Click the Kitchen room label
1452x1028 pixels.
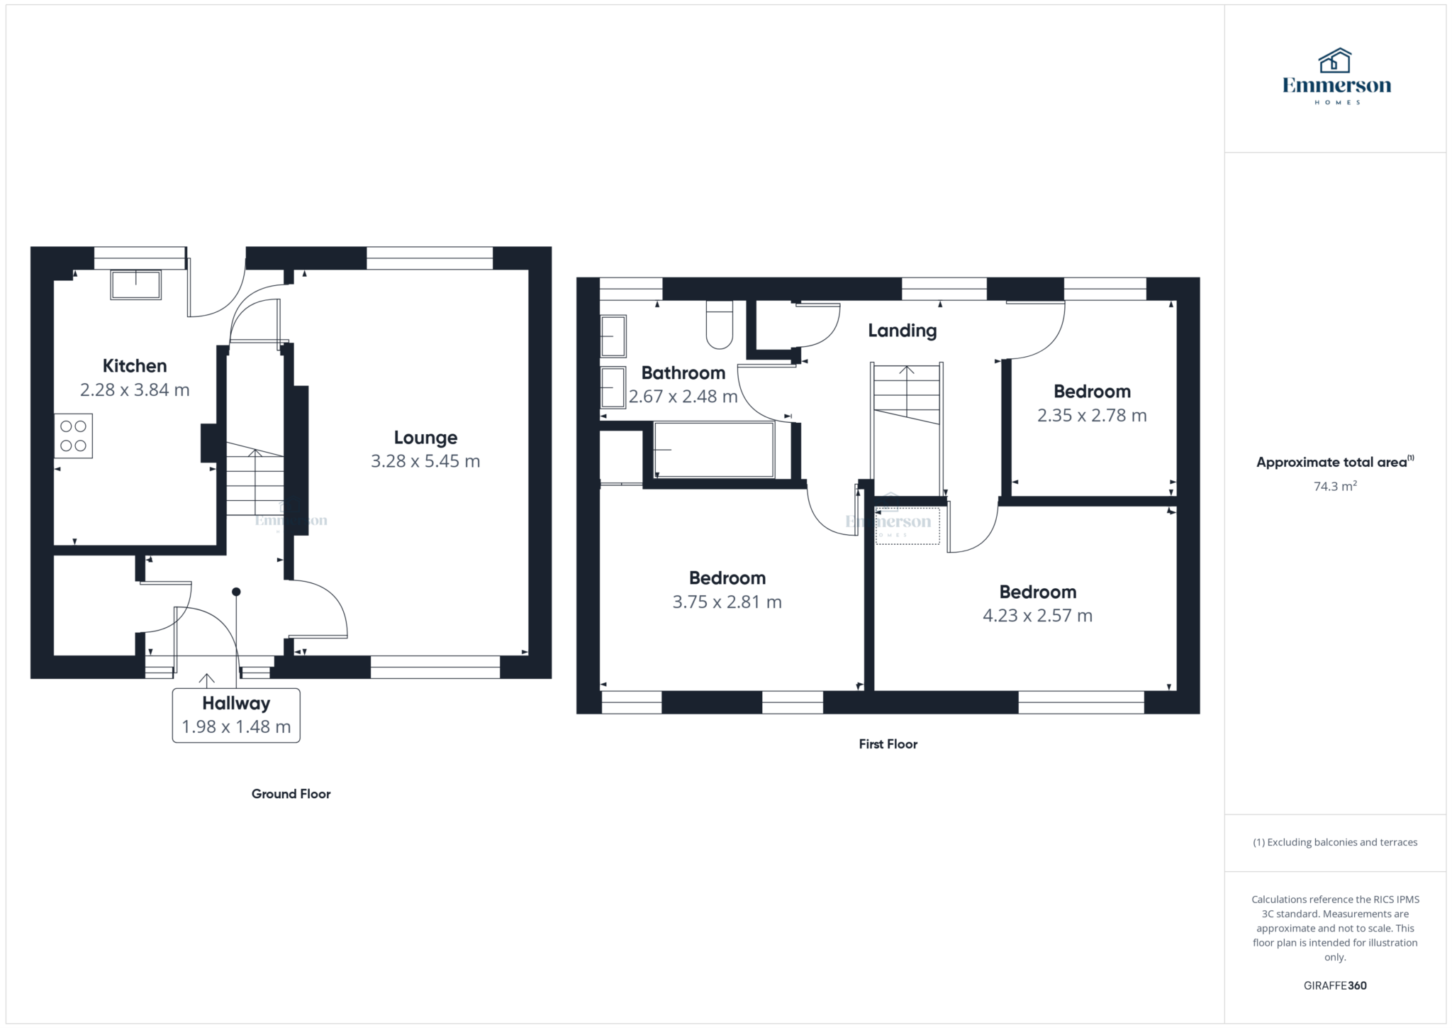pos(135,366)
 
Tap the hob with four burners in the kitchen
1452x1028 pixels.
pos(74,436)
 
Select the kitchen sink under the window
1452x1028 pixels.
pos(135,284)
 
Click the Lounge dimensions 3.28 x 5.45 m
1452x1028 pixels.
pos(425,461)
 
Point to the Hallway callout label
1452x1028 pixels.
pos(236,715)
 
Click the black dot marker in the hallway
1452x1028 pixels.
pos(236,592)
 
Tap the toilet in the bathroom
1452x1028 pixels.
pos(720,325)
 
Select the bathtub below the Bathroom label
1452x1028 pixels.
pos(714,450)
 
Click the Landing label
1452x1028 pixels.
pos(903,331)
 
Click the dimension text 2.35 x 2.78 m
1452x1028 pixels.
pos(1092,416)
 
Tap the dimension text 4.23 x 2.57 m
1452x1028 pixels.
pos(1038,616)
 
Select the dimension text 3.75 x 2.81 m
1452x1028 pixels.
pos(727,602)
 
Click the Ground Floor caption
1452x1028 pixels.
pos(291,794)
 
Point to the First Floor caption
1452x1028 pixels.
pos(888,744)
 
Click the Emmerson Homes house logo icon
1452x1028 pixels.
pos(1335,60)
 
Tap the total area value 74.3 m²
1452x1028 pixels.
pos(1335,486)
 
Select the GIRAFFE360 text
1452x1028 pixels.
pos(1335,985)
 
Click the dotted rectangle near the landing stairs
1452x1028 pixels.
pos(908,526)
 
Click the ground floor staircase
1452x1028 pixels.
pos(255,479)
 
